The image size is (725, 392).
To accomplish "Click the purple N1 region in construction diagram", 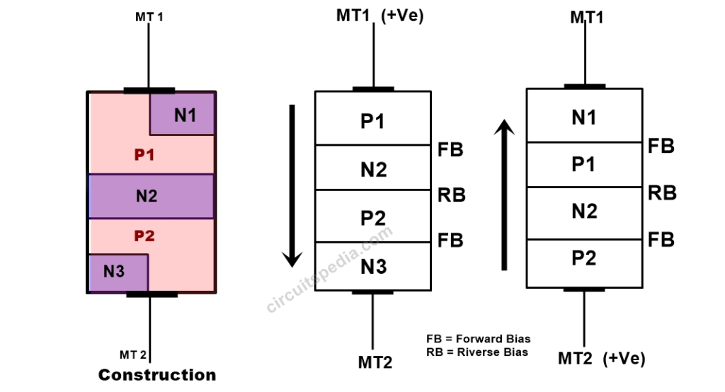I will click(x=183, y=114).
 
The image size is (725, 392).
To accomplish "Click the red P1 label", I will click(x=144, y=154).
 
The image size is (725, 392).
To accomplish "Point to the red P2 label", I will click(x=144, y=236).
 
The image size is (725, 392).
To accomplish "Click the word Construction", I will click(x=156, y=375).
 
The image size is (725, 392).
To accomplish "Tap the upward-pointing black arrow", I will click(x=504, y=195).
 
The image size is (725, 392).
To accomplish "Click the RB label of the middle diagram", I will click(x=451, y=195).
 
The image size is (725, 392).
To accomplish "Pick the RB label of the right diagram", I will click(x=662, y=192).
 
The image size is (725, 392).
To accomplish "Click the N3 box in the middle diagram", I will click(x=372, y=267).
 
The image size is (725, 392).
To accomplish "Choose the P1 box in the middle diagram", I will click(x=372, y=121).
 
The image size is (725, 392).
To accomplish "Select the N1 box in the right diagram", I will click(x=584, y=117).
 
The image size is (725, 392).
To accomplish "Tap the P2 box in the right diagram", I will click(x=584, y=258).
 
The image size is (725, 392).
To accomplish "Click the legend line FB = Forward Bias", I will click(x=478, y=339).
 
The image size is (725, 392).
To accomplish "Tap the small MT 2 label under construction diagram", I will click(x=132, y=354).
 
